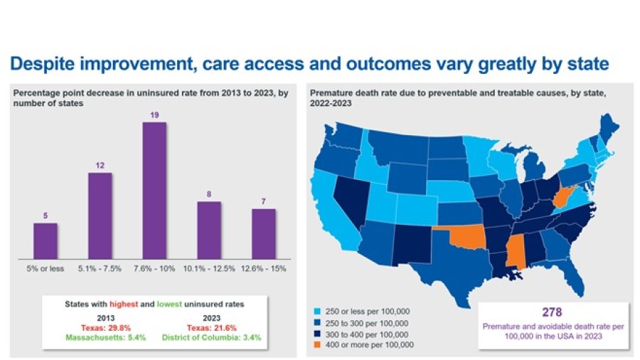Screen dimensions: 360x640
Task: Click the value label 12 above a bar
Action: point(100,166)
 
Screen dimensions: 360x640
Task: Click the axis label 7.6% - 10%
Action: point(154,268)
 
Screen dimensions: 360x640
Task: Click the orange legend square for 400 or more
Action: point(315,346)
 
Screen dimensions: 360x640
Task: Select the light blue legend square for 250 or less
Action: point(315,312)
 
